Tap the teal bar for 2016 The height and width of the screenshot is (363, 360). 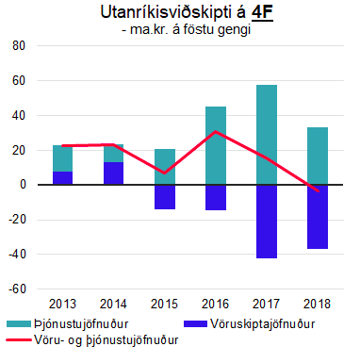pos(216,145)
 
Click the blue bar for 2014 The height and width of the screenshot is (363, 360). pos(114,173)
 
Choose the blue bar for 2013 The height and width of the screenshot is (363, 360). pos(63,178)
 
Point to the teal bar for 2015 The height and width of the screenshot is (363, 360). pos(165,167)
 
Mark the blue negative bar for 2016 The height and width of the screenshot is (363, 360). pos(216,197)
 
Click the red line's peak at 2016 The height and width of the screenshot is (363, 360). pos(216,132)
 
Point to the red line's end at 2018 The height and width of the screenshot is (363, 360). pos(318,190)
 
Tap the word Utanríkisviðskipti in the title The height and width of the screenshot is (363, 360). pos(157,13)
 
